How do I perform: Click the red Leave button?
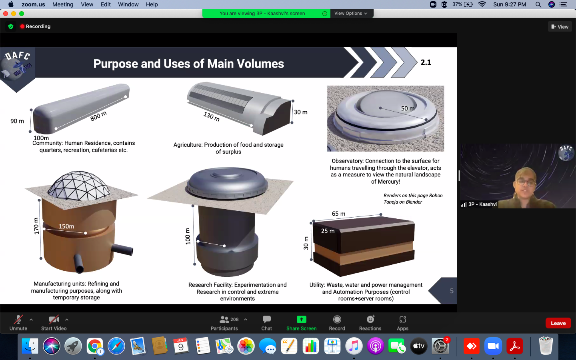tap(558, 323)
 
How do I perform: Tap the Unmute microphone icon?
tap(18, 320)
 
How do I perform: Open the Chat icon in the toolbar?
tap(267, 319)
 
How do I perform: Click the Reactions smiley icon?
tap(370, 319)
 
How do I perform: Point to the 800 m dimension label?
tap(98, 116)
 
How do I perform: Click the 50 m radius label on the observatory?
tap(408, 108)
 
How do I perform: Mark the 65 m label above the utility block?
tap(338, 214)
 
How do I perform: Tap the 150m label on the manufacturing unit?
tap(66, 226)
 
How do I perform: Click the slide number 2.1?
tap(426, 62)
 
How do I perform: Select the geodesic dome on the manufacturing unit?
tap(79, 186)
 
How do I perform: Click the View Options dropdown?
tap(351, 13)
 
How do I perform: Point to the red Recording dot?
tap(22, 26)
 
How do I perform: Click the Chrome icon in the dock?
tap(95, 346)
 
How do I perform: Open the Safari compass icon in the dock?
tap(116, 346)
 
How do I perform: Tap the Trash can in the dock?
tap(546, 346)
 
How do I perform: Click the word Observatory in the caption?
tap(347, 161)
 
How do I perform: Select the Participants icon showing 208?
tap(224, 319)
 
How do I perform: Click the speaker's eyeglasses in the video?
tap(526, 182)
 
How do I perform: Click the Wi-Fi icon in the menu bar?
tap(482, 4)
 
